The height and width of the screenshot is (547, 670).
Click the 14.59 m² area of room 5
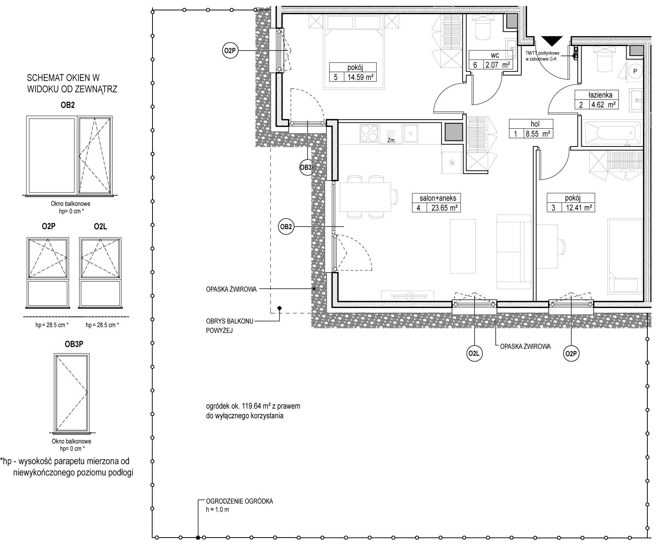(360, 77)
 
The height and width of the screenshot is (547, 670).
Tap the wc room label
(495, 55)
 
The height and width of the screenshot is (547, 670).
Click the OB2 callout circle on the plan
(286, 227)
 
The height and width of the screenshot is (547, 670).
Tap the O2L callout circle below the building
(473, 354)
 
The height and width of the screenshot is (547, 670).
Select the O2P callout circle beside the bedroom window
(230, 51)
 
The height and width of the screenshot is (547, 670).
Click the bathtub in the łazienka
(611, 133)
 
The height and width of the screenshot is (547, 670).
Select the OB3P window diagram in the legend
(72, 393)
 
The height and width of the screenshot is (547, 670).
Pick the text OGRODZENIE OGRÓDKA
(239, 501)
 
